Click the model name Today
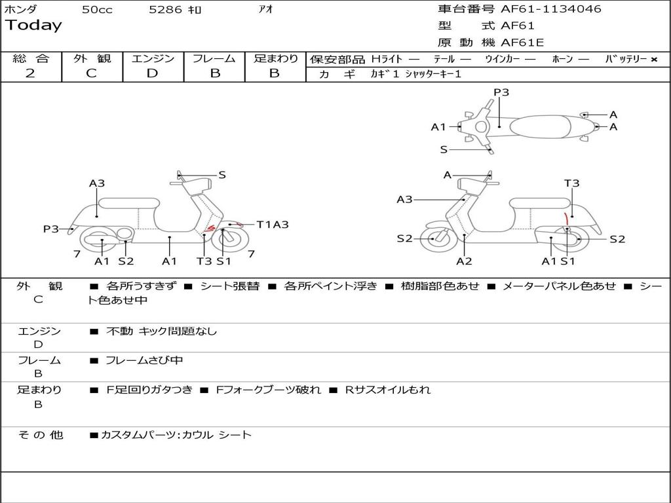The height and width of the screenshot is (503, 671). coord(33,26)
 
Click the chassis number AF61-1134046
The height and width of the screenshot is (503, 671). coord(551,9)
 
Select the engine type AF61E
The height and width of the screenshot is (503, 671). coord(522,43)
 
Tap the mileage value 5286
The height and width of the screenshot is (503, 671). coord(165,9)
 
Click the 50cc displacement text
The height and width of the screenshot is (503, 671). coord(97,9)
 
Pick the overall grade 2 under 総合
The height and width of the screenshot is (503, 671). coord(30,73)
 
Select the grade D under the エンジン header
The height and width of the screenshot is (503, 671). coord(152,73)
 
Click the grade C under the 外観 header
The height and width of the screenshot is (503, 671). coord(91,73)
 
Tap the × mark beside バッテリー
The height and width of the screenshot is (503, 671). coord(654,60)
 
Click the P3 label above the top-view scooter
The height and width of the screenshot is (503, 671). coord(501,92)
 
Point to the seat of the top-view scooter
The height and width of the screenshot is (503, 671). coord(540,126)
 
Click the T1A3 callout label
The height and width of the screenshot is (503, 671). coord(273,225)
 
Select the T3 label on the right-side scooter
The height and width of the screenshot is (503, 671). coord(571,183)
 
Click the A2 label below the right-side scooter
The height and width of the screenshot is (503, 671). coord(464,261)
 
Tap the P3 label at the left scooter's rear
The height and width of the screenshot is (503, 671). coord(51,229)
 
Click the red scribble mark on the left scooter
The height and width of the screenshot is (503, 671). coord(209,229)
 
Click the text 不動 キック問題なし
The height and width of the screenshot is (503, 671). coord(161,331)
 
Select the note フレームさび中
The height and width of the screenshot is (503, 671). coord(144,360)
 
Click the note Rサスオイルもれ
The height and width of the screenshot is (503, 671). coord(388,390)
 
